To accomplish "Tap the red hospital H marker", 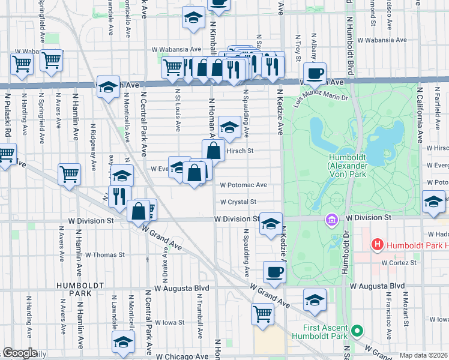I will click(378, 245).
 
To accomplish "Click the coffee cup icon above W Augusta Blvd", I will click(274, 272).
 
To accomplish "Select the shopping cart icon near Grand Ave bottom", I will click(262, 313).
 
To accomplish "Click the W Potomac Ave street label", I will click(243, 185).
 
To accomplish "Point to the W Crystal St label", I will click(238, 202).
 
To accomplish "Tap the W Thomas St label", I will click(105, 254).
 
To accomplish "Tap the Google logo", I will click(20, 353).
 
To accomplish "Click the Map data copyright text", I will click(423, 355).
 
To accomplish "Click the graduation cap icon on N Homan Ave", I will click(228, 127).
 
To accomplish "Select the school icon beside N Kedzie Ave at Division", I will click(271, 224).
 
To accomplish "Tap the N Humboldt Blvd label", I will click(349, 48).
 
